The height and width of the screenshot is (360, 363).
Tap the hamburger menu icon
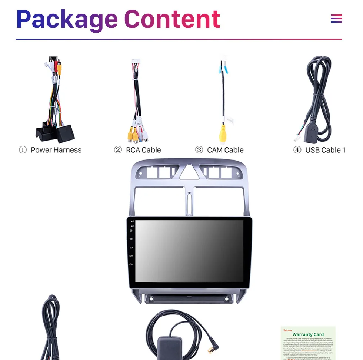336,19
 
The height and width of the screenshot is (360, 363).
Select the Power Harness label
56,150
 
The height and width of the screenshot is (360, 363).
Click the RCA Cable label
143,150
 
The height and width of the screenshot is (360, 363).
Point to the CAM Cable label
225,150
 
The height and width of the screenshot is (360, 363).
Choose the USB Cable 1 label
325,150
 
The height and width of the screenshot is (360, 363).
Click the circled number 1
23,150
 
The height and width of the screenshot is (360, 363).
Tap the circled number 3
199,150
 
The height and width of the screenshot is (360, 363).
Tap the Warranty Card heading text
308,334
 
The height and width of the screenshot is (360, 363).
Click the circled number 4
297,150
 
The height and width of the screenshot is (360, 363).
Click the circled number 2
118,150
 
